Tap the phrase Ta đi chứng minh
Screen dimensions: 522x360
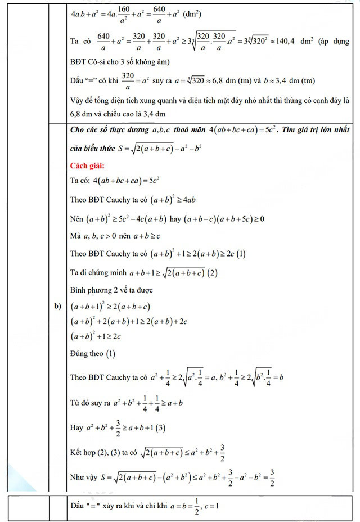[x=98, y=273]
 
